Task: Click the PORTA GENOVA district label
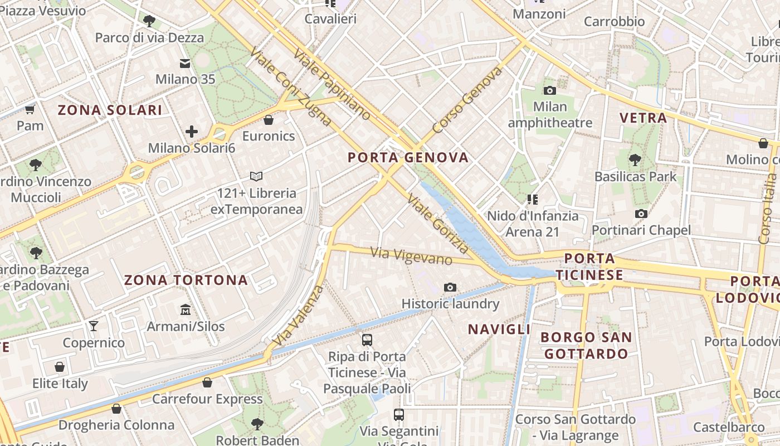pyautogui.click(x=408, y=158)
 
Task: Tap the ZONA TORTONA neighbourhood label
pyautogui.click(x=186, y=280)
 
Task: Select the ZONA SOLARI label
pyautogui.click(x=110, y=110)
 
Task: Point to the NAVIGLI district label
pyautogui.click(x=499, y=329)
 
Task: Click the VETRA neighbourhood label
pyautogui.click(x=643, y=118)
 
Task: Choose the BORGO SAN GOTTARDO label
pyautogui.click(x=586, y=345)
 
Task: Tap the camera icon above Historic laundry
pyautogui.click(x=450, y=287)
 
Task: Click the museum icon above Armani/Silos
pyautogui.click(x=186, y=309)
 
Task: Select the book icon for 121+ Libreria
pyautogui.click(x=256, y=177)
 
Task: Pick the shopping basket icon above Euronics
pyautogui.click(x=269, y=120)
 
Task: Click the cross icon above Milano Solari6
pyautogui.click(x=192, y=132)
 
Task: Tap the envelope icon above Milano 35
pyautogui.click(x=185, y=63)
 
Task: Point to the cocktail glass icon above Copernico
pyautogui.click(x=94, y=326)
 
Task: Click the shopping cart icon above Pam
pyautogui.click(x=30, y=109)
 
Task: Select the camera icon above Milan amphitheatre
pyautogui.click(x=550, y=90)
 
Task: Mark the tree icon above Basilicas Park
pyautogui.click(x=635, y=161)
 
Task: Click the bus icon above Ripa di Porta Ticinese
pyautogui.click(x=367, y=340)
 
